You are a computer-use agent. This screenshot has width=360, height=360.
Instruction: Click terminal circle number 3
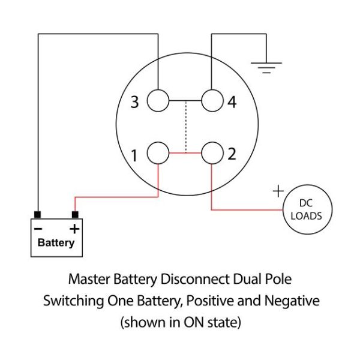tap(158, 101)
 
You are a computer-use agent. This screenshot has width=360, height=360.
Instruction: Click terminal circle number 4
tap(212, 101)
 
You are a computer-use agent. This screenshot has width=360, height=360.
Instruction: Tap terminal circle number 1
tap(158, 154)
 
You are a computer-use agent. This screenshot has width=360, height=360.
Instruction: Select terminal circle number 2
tap(212, 154)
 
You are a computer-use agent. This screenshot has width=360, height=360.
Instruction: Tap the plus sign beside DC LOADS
tap(278, 191)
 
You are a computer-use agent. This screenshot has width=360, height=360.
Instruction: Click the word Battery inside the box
tap(56, 243)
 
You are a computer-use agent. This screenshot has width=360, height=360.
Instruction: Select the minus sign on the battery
tap(38, 229)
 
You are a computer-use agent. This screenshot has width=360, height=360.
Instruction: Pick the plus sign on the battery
tap(74, 229)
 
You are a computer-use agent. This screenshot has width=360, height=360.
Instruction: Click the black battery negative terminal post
tap(38, 215)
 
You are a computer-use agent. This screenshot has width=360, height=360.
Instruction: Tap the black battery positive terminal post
tap(75, 215)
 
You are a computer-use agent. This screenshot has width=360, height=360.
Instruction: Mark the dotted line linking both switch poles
tap(185, 127)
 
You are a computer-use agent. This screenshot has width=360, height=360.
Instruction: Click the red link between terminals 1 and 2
tap(185, 154)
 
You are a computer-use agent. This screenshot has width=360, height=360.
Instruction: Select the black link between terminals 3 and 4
tap(185, 101)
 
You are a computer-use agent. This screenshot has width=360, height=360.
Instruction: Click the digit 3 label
tap(135, 103)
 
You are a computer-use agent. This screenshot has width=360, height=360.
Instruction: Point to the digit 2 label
tap(232, 154)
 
